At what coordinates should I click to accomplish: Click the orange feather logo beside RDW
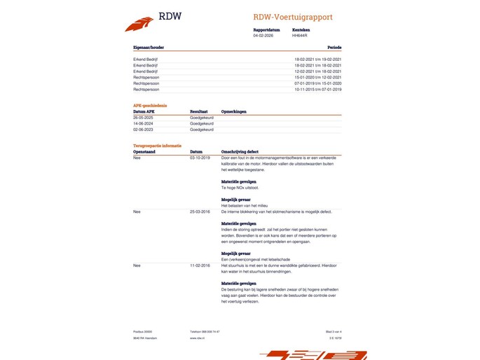[139, 23]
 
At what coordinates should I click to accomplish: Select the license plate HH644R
[300, 35]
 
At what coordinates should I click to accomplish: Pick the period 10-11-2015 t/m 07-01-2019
[317, 90]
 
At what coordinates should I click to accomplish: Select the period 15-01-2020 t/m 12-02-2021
[317, 77]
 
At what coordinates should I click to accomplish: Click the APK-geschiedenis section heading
[149, 105]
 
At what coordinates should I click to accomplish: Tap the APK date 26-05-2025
[143, 118]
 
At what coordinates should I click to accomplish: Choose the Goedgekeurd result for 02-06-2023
[202, 130]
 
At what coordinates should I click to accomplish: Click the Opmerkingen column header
[235, 111]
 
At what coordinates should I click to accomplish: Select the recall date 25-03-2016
[199, 211]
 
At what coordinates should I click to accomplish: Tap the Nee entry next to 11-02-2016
[137, 265]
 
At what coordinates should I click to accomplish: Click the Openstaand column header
[144, 151]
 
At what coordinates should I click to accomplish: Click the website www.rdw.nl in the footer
[197, 338]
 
